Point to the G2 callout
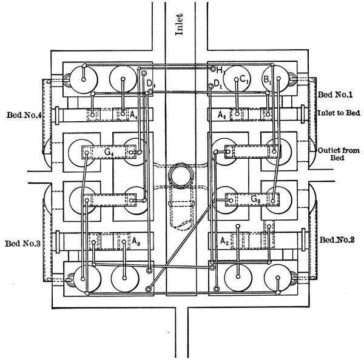[x=257, y=198]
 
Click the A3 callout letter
[x=137, y=241]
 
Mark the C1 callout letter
[x=243, y=79]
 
